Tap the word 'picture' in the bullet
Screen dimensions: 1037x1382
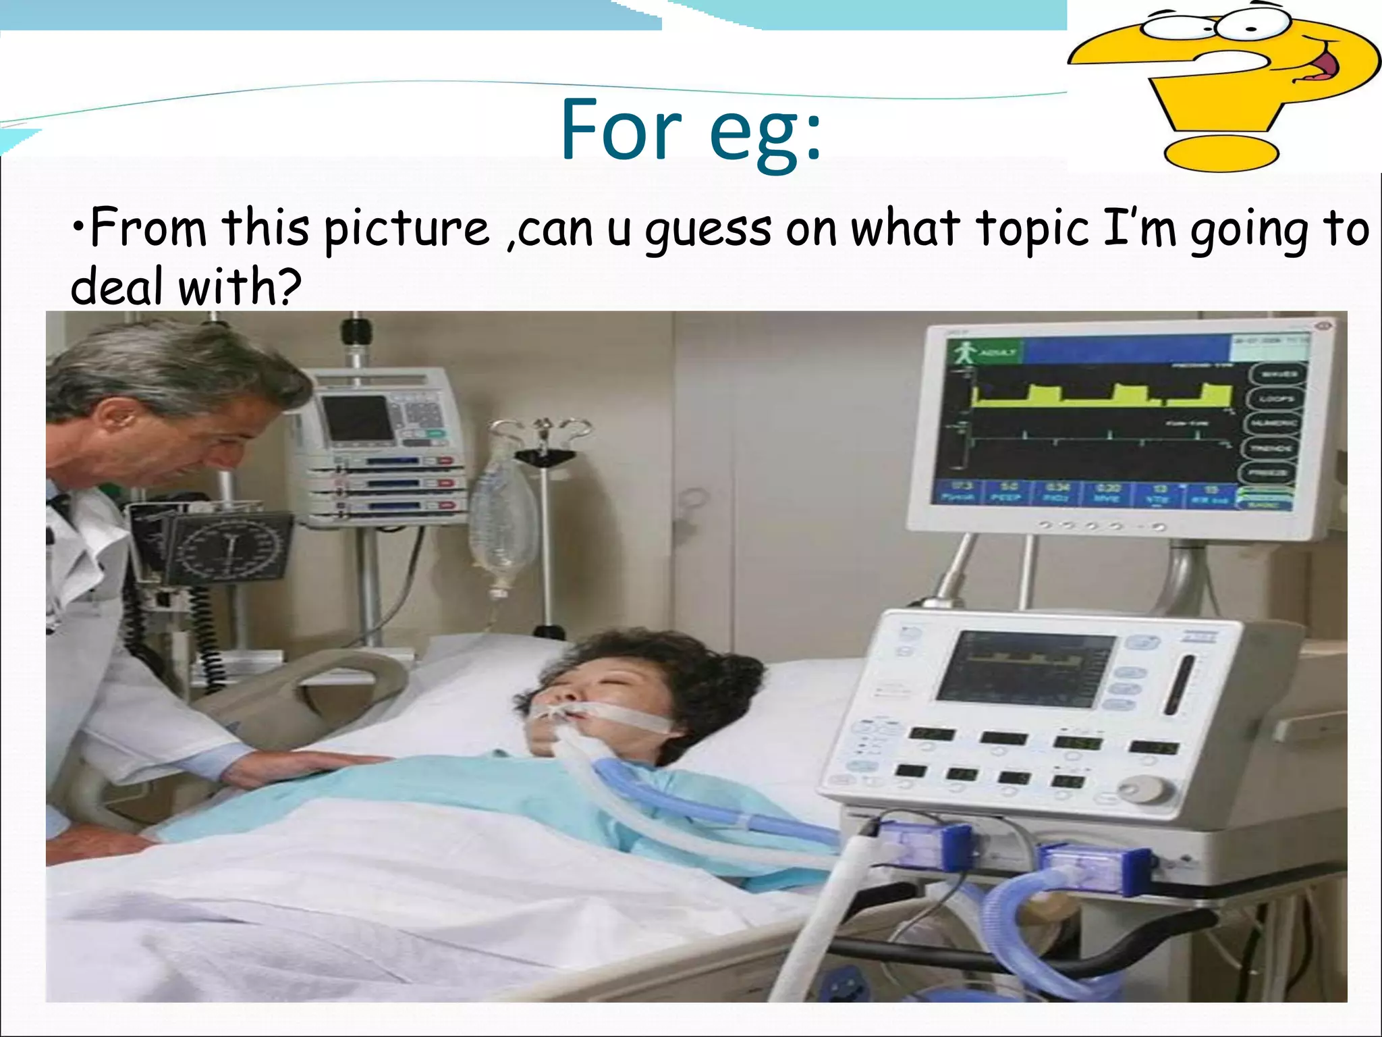[x=406, y=230]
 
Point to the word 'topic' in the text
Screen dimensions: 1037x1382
[x=1032, y=230]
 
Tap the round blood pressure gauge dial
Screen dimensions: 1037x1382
[x=229, y=547]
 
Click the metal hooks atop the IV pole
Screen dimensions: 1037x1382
[x=540, y=429]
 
